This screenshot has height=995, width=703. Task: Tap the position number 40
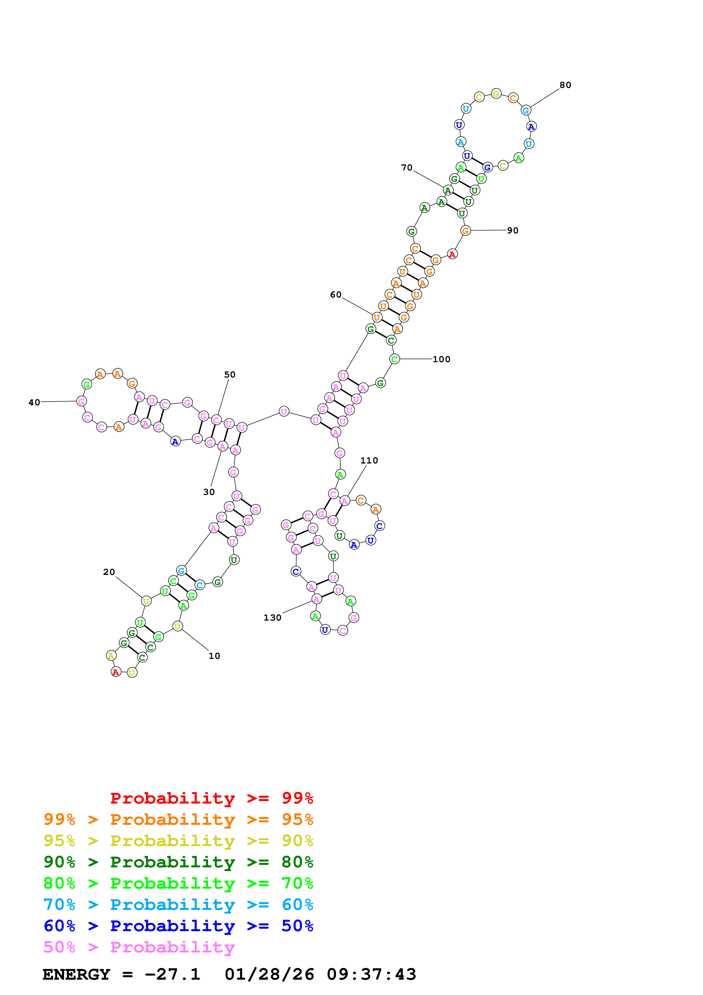[x=34, y=402]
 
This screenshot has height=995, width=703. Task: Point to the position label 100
[x=441, y=359]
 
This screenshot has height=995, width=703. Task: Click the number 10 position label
[x=214, y=656]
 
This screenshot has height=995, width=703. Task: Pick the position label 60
[x=336, y=295]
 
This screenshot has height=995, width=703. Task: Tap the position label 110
[x=369, y=461]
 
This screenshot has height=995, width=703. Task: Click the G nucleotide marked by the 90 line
[x=465, y=231]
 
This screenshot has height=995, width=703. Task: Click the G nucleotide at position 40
[x=81, y=401]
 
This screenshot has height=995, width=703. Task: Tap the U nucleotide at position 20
[x=146, y=601]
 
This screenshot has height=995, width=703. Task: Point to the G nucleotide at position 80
[x=526, y=110]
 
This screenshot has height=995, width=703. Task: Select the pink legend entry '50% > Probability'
[x=139, y=947]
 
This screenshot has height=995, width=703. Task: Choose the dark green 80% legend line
[x=178, y=862]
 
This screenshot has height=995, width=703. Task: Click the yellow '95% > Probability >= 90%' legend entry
[x=178, y=841]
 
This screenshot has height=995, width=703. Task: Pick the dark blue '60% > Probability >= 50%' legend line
[x=178, y=926]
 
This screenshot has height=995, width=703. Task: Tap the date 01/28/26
[x=269, y=975]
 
